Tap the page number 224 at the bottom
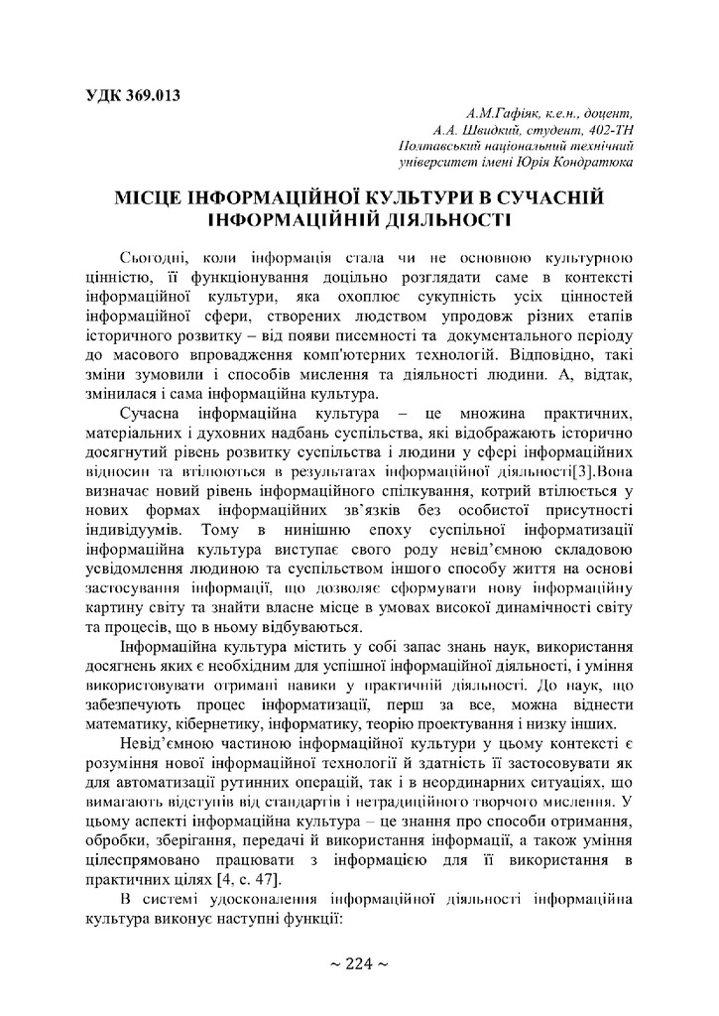[x=359, y=963]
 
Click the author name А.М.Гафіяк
[x=494, y=113]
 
